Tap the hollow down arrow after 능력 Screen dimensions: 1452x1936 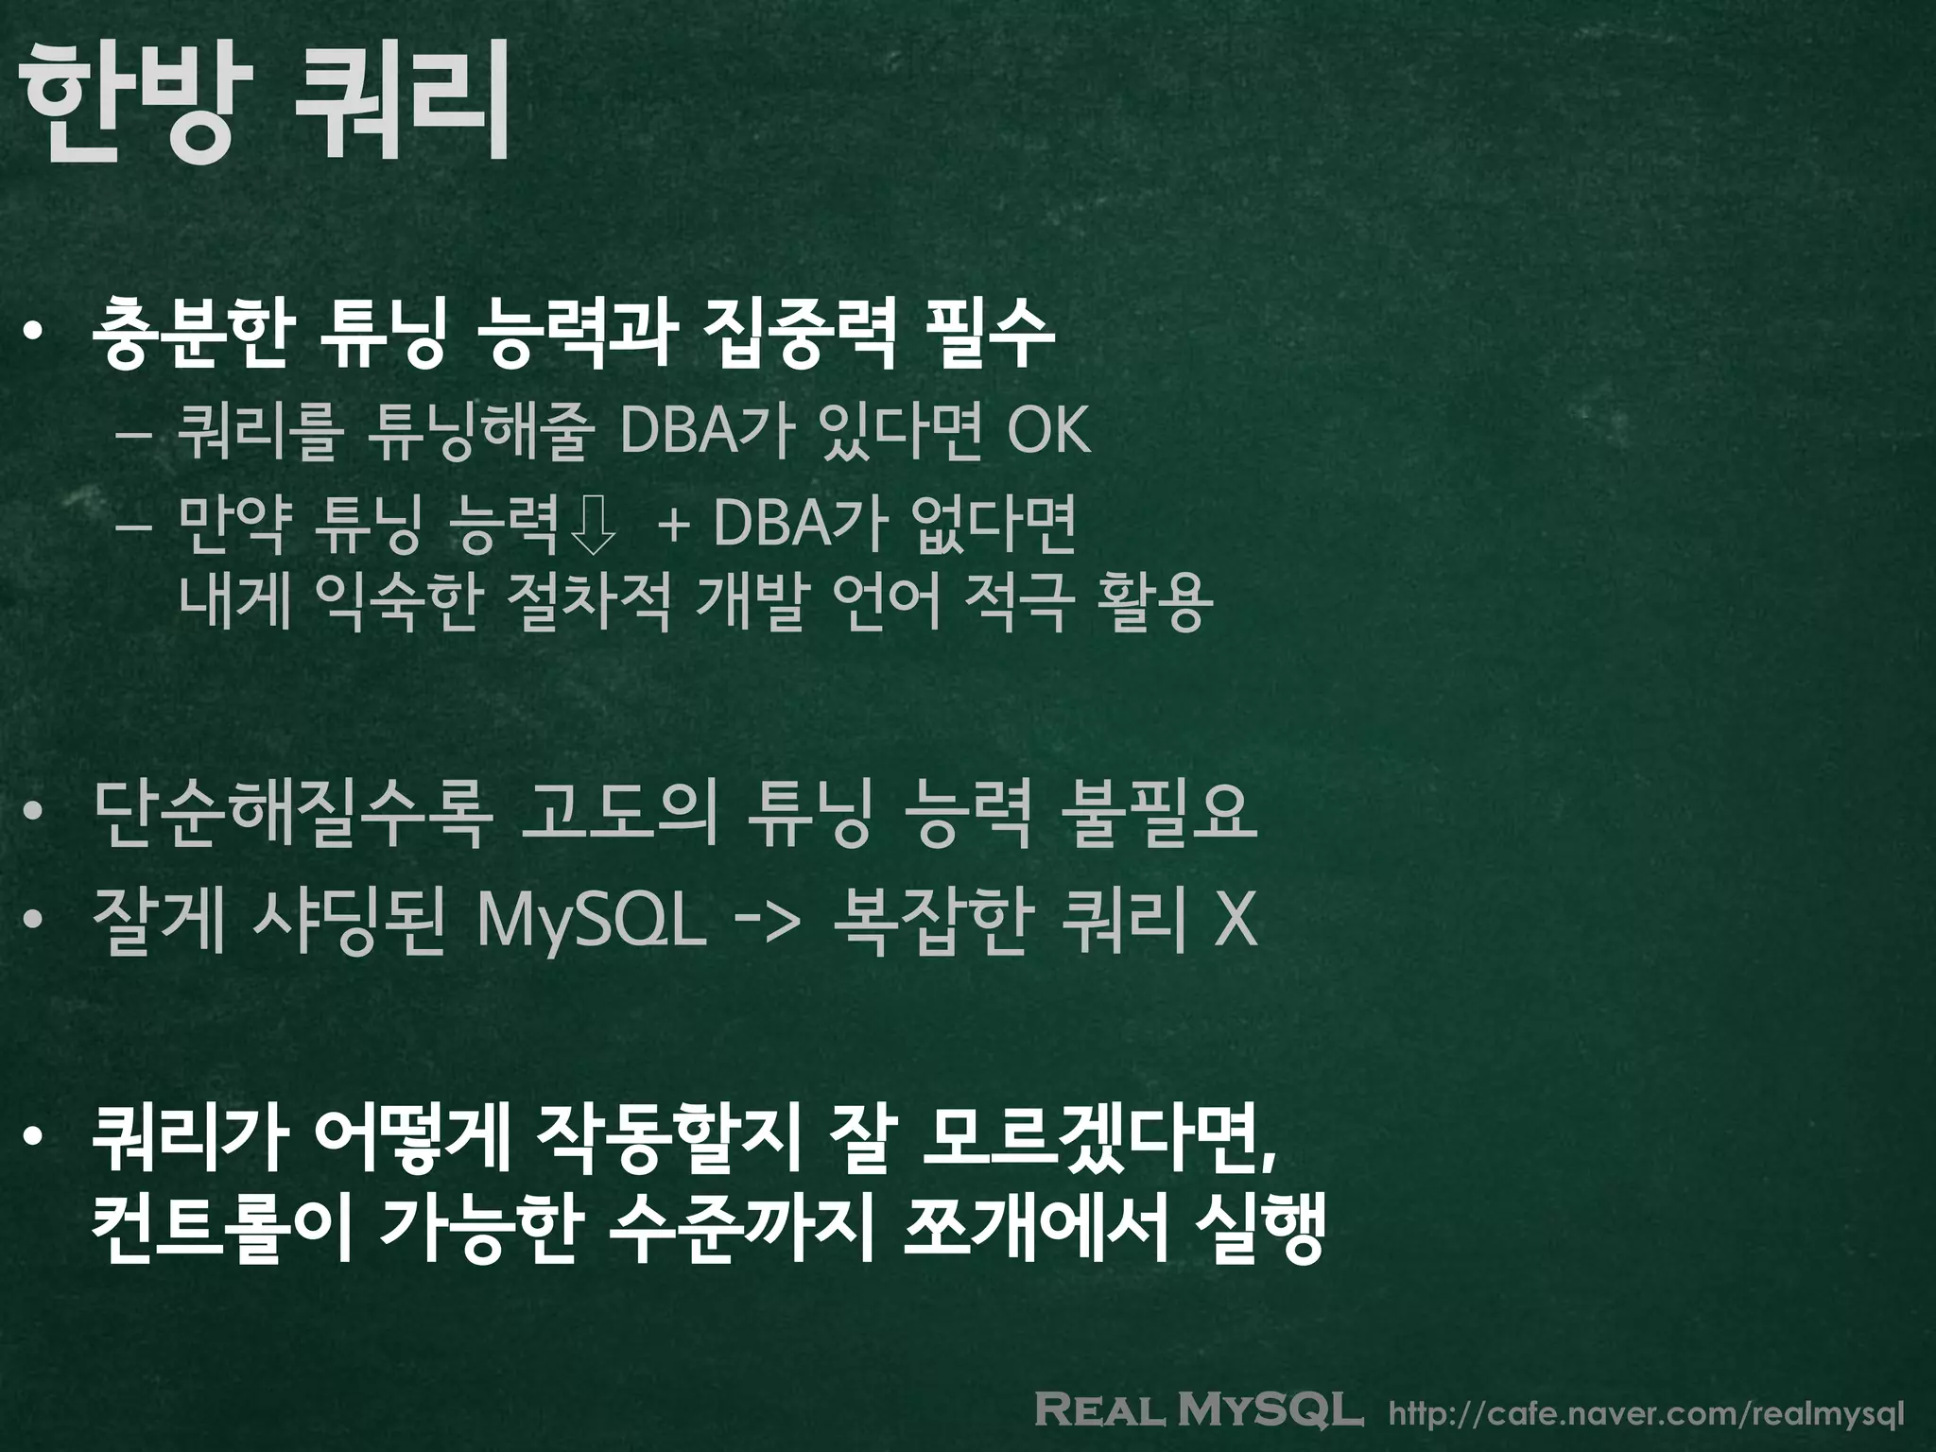tap(594, 526)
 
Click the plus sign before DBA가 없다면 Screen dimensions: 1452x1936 tap(673, 526)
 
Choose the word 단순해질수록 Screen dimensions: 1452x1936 tap(292, 813)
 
